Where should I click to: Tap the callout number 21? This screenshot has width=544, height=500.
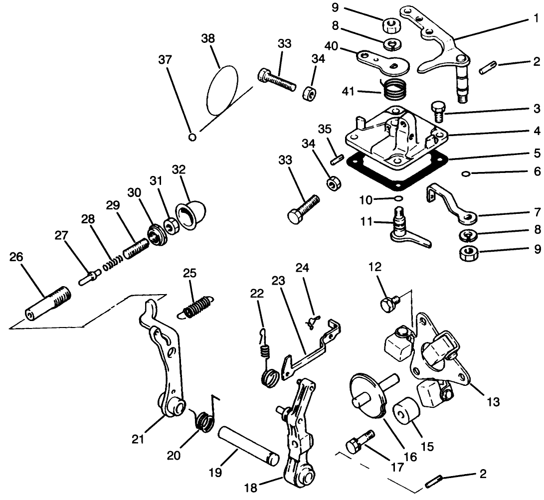pyautogui.click(x=138, y=439)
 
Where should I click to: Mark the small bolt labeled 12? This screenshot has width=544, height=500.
pyautogui.click(x=388, y=303)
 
